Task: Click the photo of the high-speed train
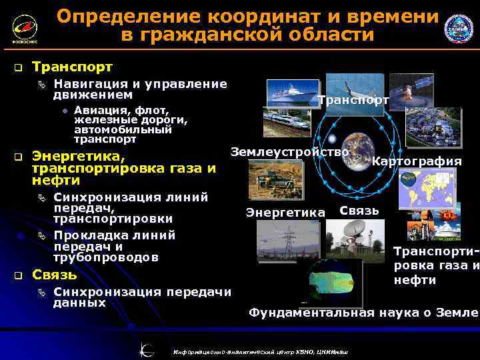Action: point(287,123)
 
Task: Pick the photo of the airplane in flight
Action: point(363,85)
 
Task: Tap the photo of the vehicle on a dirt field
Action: point(270,179)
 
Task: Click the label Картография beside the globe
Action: point(416,161)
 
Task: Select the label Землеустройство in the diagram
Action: point(290,152)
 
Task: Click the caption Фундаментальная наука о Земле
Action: point(363,312)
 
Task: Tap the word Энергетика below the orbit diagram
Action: point(285,213)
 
